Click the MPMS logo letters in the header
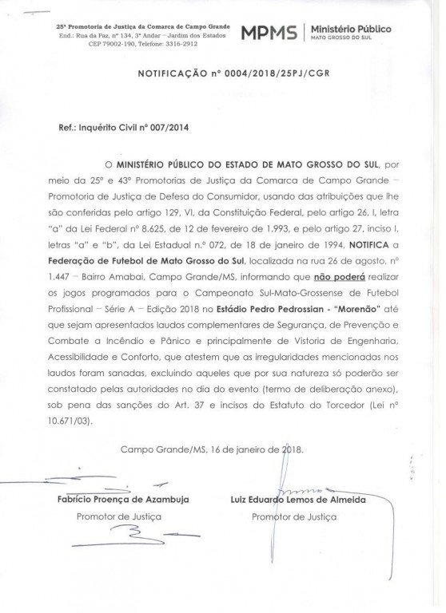click(267, 33)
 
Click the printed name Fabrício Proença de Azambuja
click(122, 499)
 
